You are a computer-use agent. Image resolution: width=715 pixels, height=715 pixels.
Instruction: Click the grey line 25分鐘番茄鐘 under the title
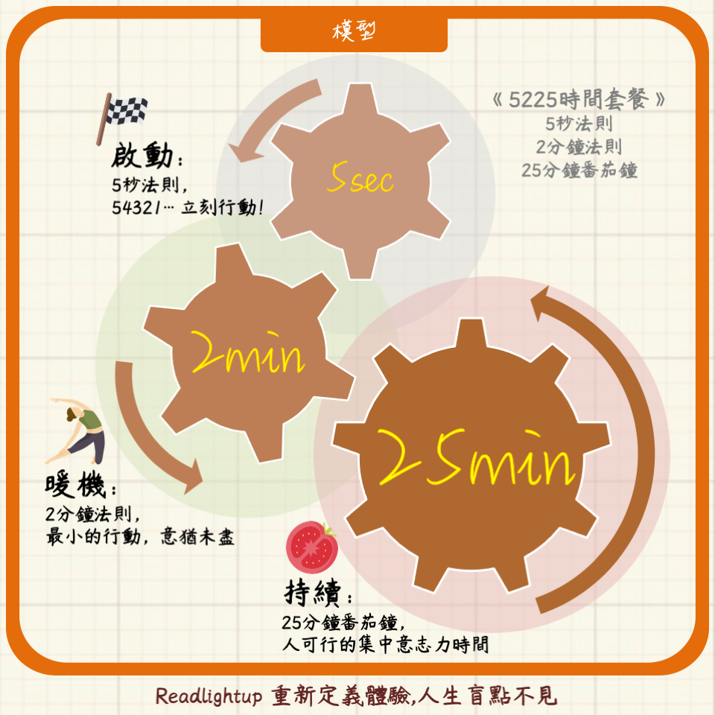tap(579, 171)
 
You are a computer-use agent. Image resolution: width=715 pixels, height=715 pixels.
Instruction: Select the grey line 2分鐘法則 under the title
tap(579, 147)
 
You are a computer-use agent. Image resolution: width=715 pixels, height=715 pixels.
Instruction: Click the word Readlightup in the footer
tap(209, 696)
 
